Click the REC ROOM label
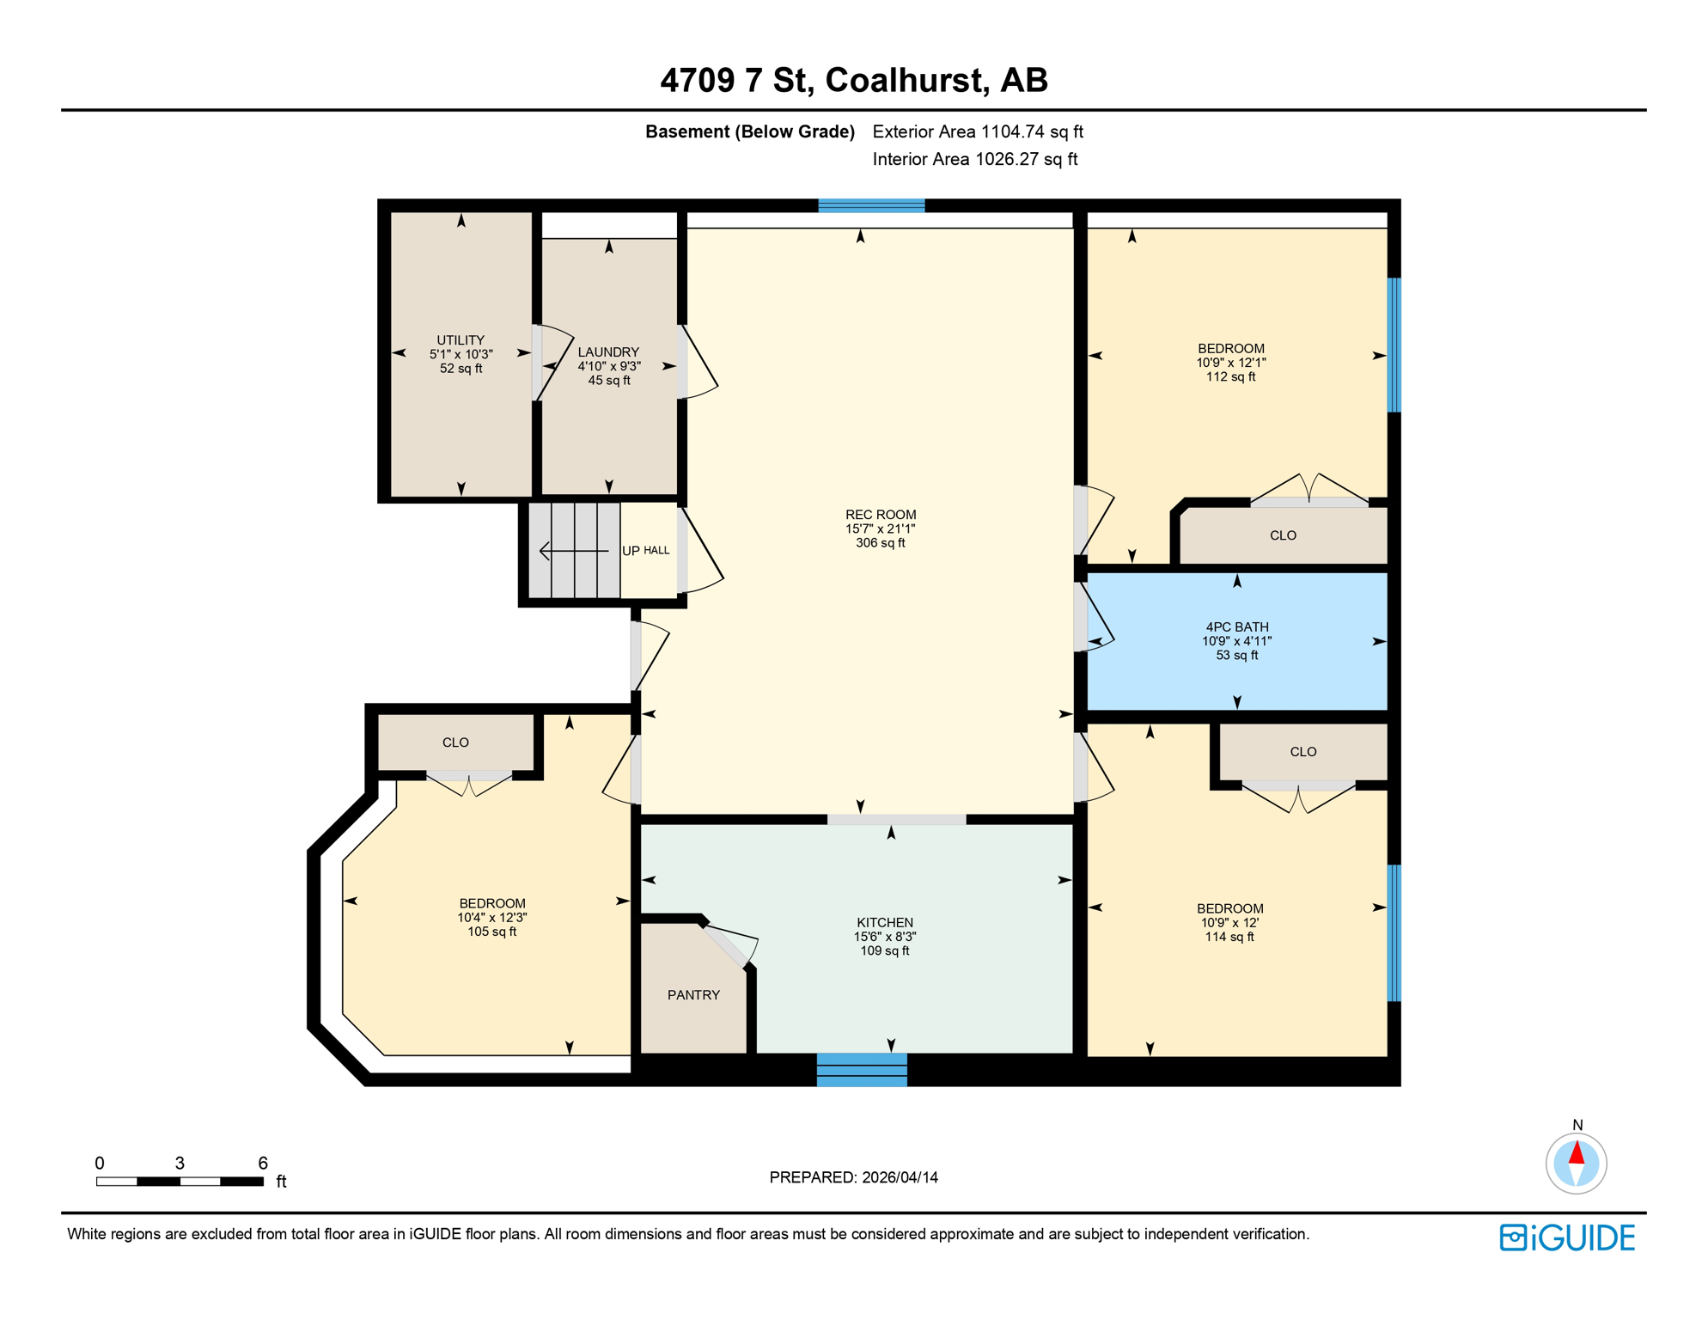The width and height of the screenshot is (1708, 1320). point(880,515)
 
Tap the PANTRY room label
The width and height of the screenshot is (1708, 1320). point(693,995)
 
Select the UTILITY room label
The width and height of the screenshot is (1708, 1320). point(461,340)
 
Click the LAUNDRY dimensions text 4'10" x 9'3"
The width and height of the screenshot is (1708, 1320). point(609,366)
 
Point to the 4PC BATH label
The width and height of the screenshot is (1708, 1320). point(1236,627)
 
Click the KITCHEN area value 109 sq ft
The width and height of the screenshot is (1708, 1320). point(884,950)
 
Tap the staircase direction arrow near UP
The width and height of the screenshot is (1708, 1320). point(572,550)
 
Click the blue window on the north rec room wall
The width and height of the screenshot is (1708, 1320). point(871,205)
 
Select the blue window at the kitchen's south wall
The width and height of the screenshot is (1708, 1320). point(861,1069)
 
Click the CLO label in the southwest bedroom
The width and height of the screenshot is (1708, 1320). point(455,742)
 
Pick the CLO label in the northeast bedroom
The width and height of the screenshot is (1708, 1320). point(1283,535)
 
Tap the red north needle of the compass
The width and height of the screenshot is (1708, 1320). point(1577,1152)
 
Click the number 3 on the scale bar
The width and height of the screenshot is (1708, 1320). point(180,1163)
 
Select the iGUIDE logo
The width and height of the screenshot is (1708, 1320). point(1567,1237)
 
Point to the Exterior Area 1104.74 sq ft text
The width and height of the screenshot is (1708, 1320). point(977,131)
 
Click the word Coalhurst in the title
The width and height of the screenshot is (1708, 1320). point(904,80)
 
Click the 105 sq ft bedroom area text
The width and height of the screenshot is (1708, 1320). point(491,932)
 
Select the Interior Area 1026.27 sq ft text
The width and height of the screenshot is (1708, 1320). point(974,159)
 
